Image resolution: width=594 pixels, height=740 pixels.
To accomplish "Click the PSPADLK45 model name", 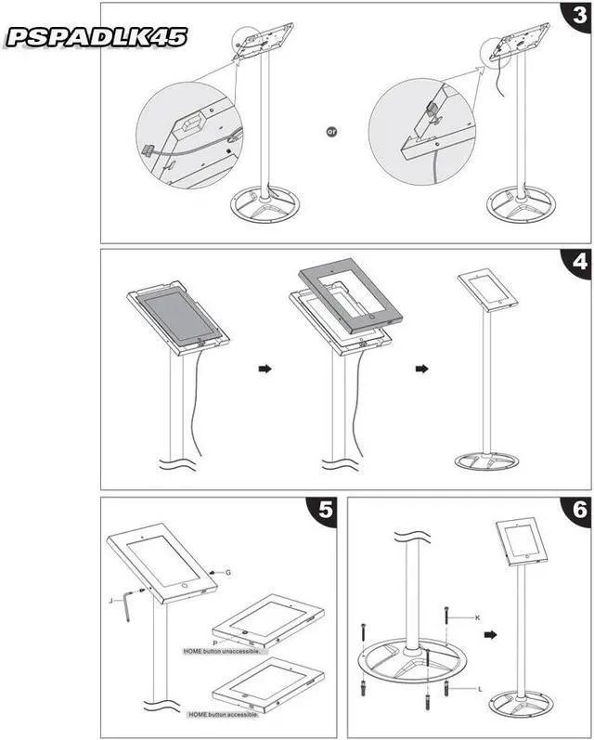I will pos(97,37).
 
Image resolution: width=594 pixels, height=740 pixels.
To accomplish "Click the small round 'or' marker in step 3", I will pos(331,133).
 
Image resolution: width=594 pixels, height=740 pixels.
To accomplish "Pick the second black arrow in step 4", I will pos(423,369).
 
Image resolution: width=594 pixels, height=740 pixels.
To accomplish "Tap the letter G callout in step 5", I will pos(228,572).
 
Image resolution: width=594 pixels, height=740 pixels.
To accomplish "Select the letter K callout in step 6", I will pos(477,617).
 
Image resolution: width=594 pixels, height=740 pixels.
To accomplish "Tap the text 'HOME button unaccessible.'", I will pos(226,651).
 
